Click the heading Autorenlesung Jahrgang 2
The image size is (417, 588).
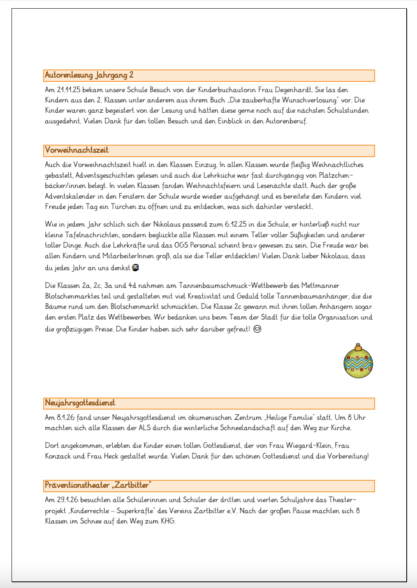[89, 75]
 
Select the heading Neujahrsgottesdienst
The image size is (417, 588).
[80, 403]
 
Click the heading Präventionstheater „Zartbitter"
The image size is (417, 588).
[98, 485]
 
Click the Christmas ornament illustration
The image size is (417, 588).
[358, 362]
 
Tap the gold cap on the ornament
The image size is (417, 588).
[358, 347]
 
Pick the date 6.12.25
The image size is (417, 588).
[236, 225]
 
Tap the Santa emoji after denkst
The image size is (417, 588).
[135, 268]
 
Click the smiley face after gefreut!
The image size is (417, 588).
[257, 329]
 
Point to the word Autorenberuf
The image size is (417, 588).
[286, 121]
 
